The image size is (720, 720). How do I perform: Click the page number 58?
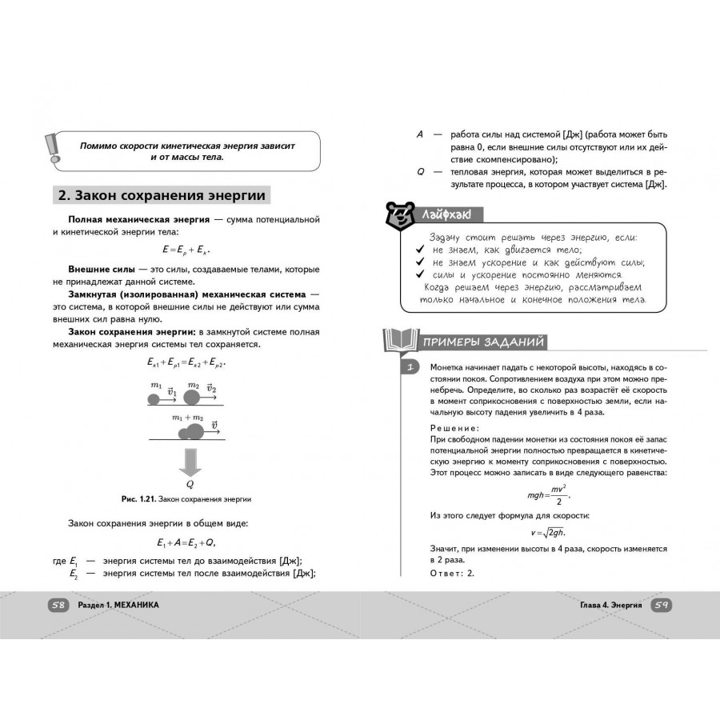pos(58,605)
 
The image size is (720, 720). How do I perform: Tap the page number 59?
pos(661,605)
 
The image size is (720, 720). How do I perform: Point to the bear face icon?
pos(397,214)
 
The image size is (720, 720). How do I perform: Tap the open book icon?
pos(398,342)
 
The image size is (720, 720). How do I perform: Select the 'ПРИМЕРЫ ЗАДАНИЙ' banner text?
pos(484,342)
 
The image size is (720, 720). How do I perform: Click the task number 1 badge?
pos(410,367)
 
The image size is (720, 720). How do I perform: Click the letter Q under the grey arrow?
pos(190,484)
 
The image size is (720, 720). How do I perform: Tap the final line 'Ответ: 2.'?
pos(452,573)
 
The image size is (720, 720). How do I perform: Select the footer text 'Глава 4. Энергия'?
pos(611,605)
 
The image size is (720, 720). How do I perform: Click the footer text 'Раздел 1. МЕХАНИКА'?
pos(118,605)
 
